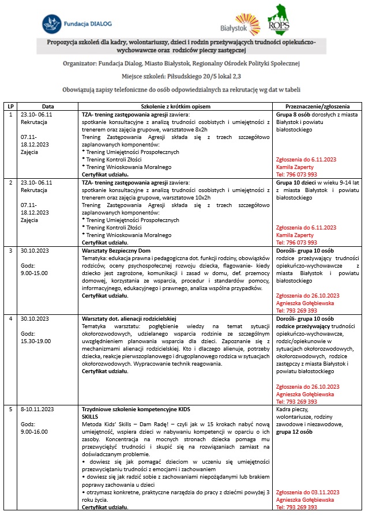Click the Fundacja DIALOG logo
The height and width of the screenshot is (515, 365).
point(76,24)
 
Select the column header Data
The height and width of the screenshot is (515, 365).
point(48,107)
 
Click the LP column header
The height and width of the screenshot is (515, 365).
point(10,107)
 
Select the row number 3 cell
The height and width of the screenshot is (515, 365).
point(10,250)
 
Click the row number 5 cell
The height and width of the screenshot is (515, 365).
point(10,408)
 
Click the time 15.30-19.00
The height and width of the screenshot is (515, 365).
point(36,341)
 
